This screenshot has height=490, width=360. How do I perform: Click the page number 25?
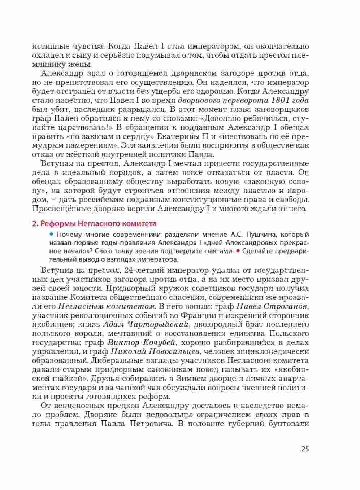[x=305, y=449]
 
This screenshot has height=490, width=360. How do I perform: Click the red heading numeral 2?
[x=35, y=223]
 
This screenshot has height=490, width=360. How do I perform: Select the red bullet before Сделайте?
[x=238, y=251]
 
